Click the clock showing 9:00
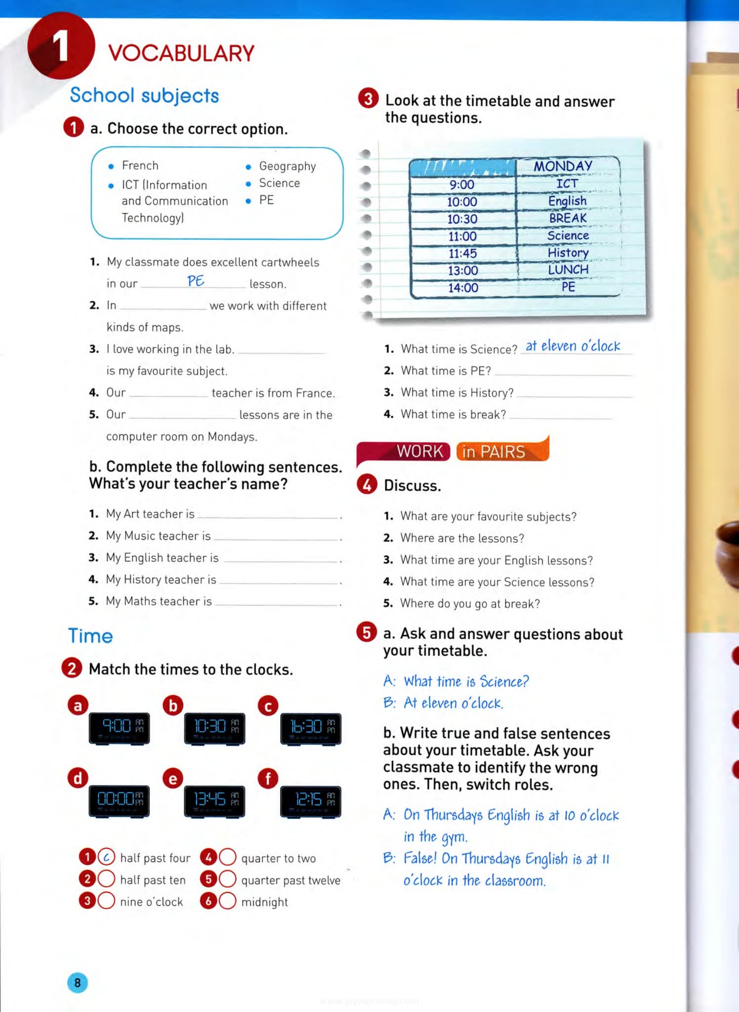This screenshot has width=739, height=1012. (119, 728)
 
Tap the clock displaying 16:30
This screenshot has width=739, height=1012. (311, 728)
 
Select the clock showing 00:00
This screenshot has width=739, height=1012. (119, 801)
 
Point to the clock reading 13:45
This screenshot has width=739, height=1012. (214, 801)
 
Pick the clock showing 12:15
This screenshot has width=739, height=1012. (311, 801)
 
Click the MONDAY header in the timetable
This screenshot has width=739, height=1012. (563, 166)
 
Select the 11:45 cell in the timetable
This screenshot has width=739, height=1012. (462, 253)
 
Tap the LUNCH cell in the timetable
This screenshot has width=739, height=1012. (568, 270)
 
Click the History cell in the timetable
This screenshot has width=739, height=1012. (568, 253)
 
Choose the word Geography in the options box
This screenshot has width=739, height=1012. (287, 166)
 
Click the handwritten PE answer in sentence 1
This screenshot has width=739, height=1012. (196, 281)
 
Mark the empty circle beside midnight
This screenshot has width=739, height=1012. (227, 901)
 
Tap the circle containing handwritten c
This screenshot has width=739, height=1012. (106, 857)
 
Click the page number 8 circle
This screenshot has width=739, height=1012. (78, 982)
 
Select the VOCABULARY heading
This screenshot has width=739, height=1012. (181, 53)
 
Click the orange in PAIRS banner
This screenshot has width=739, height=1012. (501, 451)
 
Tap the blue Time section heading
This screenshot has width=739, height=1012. (90, 635)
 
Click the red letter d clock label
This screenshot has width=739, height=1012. (78, 778)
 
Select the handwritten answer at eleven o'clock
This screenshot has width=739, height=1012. (573, 346)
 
